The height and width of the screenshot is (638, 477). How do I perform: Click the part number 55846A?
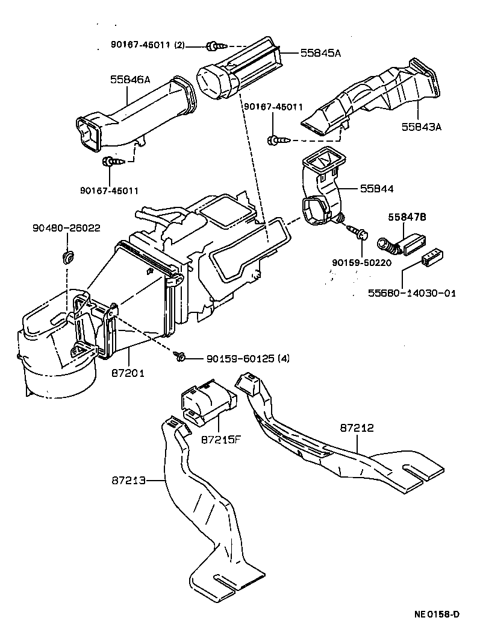click(x=130, y=78)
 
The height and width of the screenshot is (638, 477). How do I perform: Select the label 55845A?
click(x=320, y=53)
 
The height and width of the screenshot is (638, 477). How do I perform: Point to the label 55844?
click(x=377, y=188)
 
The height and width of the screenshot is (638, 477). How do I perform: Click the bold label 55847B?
click(x=408, y=216)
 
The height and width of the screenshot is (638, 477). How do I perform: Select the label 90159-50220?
click(x=361, y=263)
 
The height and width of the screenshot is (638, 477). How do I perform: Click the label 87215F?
click(x=220, y=438)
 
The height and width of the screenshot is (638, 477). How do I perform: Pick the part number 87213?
click(x=128, y=481)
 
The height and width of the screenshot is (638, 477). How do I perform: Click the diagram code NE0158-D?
click(x=437, y=614)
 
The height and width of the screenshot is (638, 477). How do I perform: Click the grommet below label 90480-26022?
click(x=67, y=258)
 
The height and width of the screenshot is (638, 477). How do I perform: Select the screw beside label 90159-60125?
click(x=179, y=357)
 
